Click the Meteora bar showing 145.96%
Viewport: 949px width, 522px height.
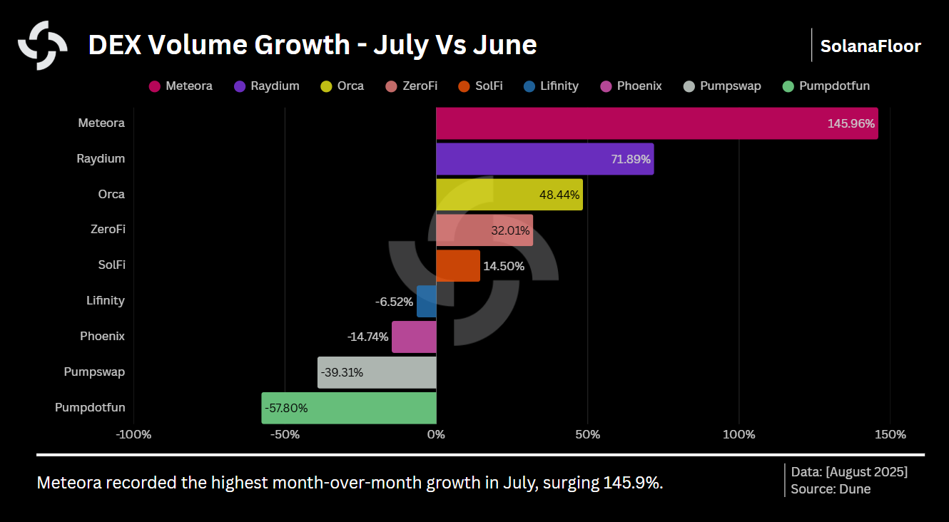tap(656, 123)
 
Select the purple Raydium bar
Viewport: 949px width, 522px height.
tap(544, 159)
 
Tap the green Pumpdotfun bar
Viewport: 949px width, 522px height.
tap(349, 408)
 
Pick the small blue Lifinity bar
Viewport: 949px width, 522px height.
tap(427, 301)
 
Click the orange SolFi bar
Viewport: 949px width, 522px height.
tap(458, 265)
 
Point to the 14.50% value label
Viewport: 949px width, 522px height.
tap(504, 266)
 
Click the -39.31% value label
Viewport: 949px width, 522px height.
tap(342, 372)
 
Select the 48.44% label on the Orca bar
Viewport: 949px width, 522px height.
tap(559, 195)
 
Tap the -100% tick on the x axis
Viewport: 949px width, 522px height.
tap(133, 434)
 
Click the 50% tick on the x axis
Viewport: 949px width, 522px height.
tap(587, 434)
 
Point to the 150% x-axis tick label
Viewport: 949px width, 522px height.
tap(890, 434)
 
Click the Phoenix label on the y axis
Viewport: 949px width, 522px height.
tap(102, 336)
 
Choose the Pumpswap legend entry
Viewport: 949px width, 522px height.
tap(722, 86)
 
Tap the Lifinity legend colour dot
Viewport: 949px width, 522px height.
tap(529, 86)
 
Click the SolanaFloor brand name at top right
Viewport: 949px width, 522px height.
tap(871, 46)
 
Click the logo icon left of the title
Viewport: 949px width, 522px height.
tap(43, 46)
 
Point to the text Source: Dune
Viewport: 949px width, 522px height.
tap(831, 489)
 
